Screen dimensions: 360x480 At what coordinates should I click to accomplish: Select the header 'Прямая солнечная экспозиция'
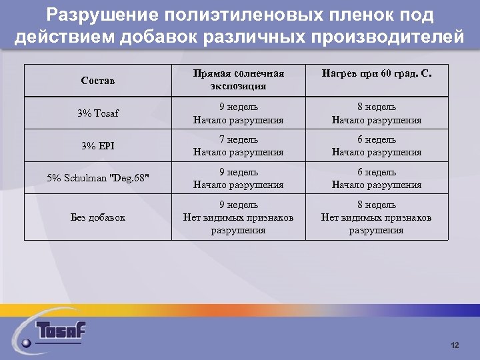238,80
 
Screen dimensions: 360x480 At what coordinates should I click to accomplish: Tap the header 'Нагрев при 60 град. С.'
376,75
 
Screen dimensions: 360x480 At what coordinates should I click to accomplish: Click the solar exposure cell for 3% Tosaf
238,114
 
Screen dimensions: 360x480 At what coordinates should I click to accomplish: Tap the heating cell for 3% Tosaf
376,114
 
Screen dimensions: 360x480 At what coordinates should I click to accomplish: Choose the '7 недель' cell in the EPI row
238,146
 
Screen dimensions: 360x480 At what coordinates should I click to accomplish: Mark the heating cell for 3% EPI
376,146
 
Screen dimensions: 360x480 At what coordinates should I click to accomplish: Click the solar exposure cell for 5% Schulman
238,178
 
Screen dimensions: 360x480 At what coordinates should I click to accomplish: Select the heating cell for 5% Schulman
376,178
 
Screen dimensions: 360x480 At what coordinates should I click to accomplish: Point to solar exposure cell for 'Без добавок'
238,217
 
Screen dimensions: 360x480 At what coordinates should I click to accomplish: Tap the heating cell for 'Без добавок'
376,217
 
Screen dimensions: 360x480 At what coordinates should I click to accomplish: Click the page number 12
455,345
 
